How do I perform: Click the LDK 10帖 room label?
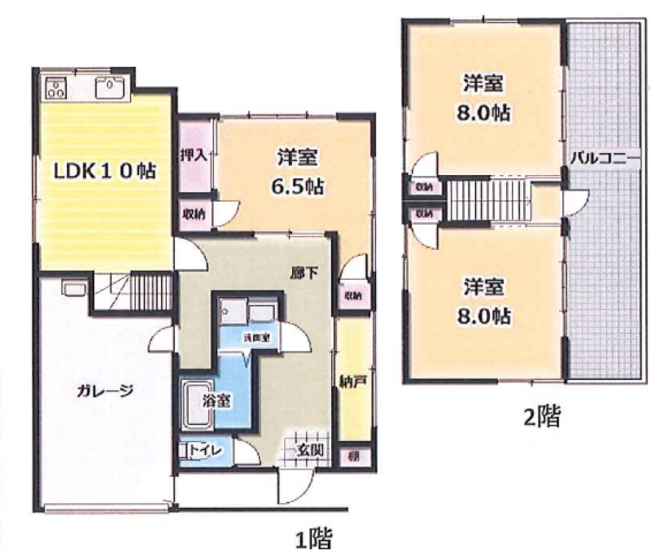[x=105, y=173]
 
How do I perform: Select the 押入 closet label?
[x=194, y=154]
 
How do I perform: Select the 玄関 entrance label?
[x=312, y=450]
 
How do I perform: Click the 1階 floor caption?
[x=313, y=538]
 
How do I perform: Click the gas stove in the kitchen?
[x=56, y=86]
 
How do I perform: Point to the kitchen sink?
[x=108, y=86]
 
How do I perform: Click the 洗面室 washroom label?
[x=255, y=337]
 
